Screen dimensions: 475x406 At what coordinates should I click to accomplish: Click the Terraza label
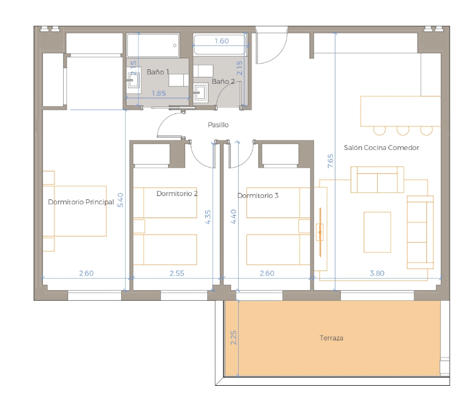tap(331, 338)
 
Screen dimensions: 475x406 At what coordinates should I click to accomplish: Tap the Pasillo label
tap(218, 125)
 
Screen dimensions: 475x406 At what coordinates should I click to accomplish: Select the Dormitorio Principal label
tap(81, 202)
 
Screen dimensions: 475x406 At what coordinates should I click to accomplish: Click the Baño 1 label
tap(157, 72)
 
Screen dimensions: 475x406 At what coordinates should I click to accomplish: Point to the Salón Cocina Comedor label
tap(382, 148)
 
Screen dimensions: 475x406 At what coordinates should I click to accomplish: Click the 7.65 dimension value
tap(330, 161)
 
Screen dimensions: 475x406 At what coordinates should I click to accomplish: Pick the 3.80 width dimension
tap(377, 273)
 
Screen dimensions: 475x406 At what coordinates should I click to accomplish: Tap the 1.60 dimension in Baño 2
tap(222, 41)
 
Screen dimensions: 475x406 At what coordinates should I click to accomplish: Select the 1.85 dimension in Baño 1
tap(159, 93)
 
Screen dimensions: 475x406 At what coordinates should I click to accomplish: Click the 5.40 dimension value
tap(120, 200)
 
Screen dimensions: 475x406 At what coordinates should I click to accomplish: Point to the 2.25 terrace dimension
tap(234, 338)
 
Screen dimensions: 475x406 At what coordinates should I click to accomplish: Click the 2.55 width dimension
tap(177, 273)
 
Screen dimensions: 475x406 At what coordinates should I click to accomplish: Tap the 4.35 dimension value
tap(208, 217)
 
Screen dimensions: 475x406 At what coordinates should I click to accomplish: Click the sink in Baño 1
tap(133, 78)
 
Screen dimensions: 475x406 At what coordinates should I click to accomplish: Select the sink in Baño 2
tap(200, 92)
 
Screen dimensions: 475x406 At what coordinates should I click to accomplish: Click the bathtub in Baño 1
tap(153, 45)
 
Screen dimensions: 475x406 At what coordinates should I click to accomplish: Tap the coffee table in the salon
tap(377, 232)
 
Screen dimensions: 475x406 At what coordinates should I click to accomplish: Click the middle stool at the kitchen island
tap(402, 130)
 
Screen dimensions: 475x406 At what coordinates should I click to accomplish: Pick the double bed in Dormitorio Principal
tap(75, 211)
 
